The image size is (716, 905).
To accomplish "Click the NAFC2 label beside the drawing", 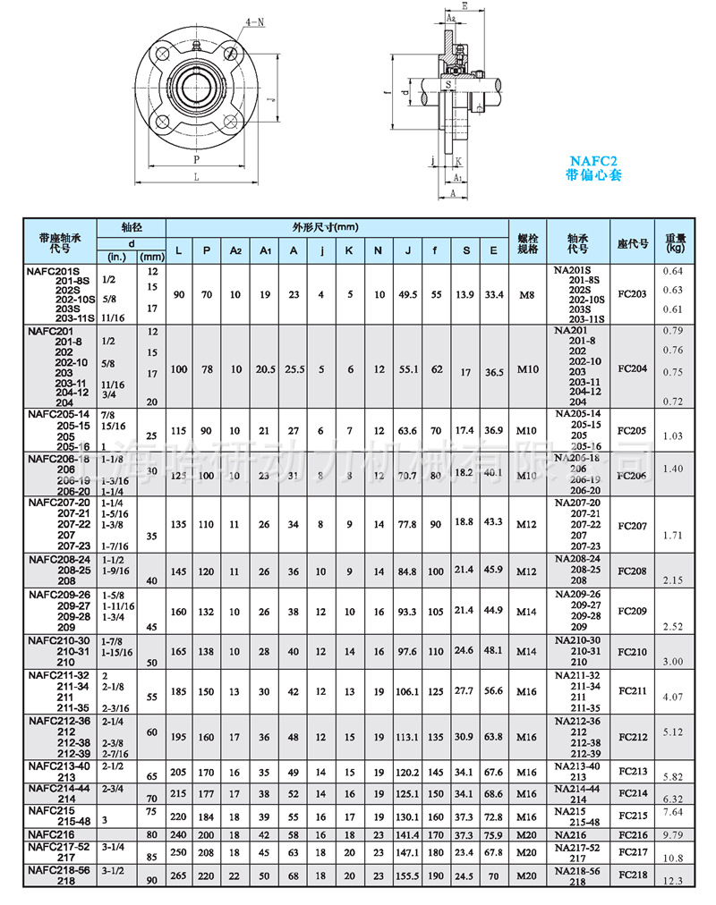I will pyautogui.click(x=592, y=161).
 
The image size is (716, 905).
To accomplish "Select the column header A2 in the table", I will pyautogui.click(x=235, y=250).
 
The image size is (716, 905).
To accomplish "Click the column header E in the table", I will pyautogui.click(x=493, y=250).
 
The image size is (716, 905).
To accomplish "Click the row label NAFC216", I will pyautogui.click(x=54, y=833).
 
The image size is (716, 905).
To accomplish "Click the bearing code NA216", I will pyautogui.click(x=569, y=833).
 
